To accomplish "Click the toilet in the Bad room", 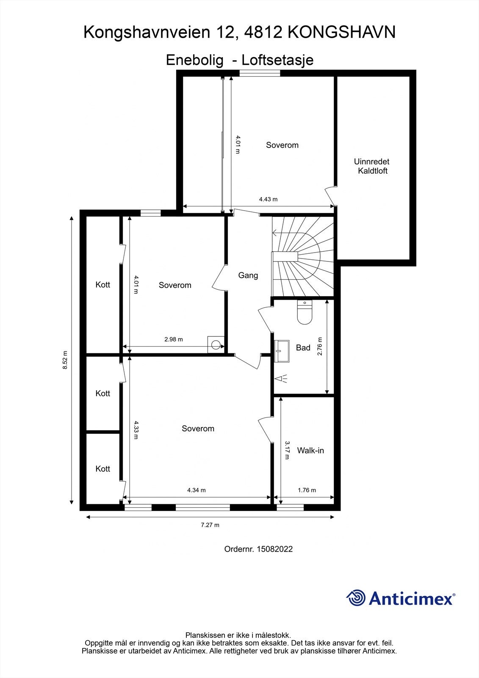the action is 305,312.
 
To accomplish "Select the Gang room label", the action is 248,275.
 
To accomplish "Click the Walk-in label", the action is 310,450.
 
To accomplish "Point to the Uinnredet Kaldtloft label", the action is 372,166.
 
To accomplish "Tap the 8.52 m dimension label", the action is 65,360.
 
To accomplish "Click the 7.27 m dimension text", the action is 210,525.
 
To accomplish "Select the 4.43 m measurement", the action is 268,200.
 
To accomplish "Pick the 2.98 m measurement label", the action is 174,339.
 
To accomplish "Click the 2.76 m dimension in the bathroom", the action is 320,346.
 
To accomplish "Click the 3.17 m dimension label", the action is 287,450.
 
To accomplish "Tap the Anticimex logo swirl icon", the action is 356,598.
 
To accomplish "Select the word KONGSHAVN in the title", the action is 342,32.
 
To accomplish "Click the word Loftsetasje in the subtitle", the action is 277,60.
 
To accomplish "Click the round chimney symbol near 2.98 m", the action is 216,345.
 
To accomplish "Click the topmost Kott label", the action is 103,284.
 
